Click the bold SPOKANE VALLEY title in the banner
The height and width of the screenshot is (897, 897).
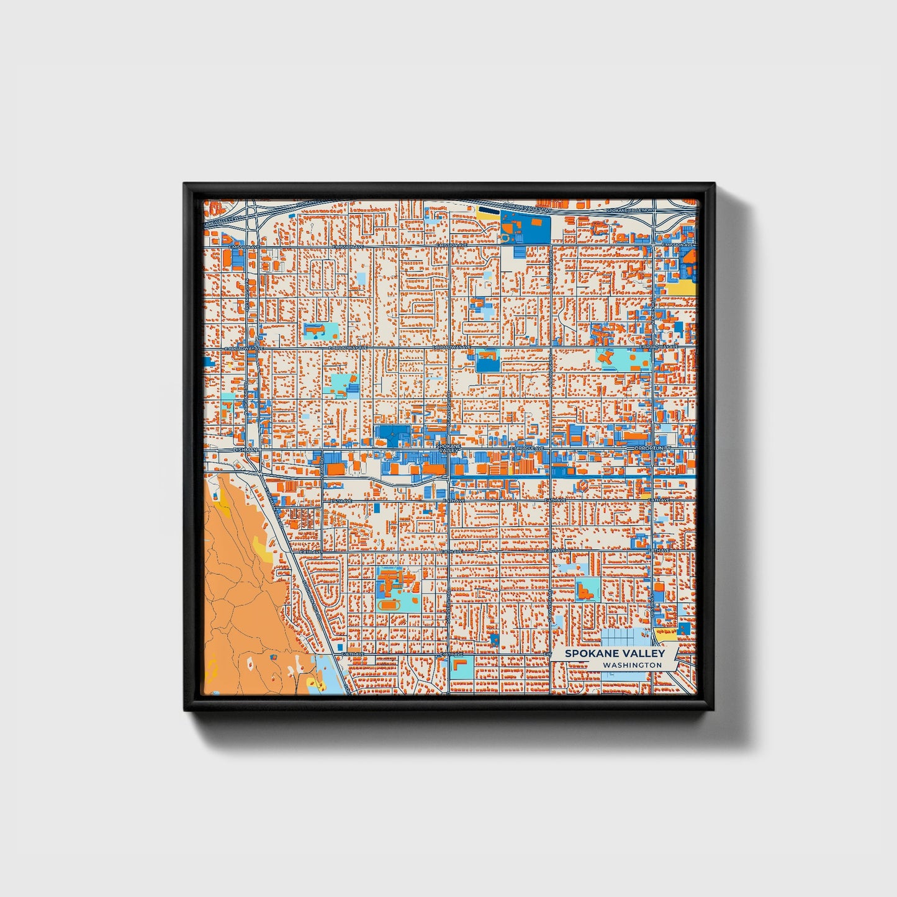point(615,654)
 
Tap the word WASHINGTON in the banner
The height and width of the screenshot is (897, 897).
point(632,665)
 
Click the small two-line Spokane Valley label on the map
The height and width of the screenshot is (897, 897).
point(448,448)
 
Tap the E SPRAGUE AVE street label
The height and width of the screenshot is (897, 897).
point(527,448)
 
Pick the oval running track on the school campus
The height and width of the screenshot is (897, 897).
point(389,603)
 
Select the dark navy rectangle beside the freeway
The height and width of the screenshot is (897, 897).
point(489,210)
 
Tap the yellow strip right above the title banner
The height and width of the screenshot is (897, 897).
point(665,635)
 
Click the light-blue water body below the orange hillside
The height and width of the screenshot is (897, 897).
point(325,674)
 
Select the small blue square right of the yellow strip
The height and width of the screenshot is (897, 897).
point(684,628)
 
